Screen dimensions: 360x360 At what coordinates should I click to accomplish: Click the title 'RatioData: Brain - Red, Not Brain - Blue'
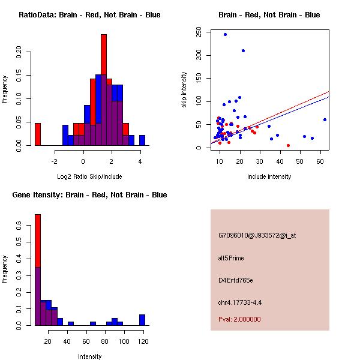89,15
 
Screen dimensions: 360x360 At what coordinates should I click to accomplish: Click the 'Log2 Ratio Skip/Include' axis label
89,176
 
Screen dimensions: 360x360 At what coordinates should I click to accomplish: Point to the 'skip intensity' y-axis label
184,90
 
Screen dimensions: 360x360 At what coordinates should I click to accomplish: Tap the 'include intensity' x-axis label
269,176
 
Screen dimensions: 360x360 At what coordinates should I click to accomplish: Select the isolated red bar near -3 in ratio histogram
38,134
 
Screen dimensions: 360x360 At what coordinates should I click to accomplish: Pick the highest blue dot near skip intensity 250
225,34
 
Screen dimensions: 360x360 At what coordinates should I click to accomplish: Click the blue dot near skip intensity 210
243,50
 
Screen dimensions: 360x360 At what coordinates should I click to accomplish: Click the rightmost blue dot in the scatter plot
325,119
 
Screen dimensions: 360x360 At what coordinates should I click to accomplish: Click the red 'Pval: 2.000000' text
239,319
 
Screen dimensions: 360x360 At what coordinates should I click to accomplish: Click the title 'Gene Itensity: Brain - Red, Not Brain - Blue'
90,195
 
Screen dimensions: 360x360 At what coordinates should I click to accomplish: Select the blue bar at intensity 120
142,320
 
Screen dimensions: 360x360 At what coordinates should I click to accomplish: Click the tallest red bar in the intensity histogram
38,240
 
